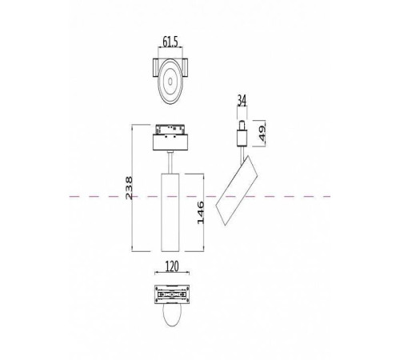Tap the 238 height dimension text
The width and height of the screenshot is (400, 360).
(x=122, y=189)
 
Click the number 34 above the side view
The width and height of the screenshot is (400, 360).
(x=242, y=102)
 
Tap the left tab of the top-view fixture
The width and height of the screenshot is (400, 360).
(x=153, y=69)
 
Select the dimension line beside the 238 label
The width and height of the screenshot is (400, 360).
(x=132, y=189)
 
